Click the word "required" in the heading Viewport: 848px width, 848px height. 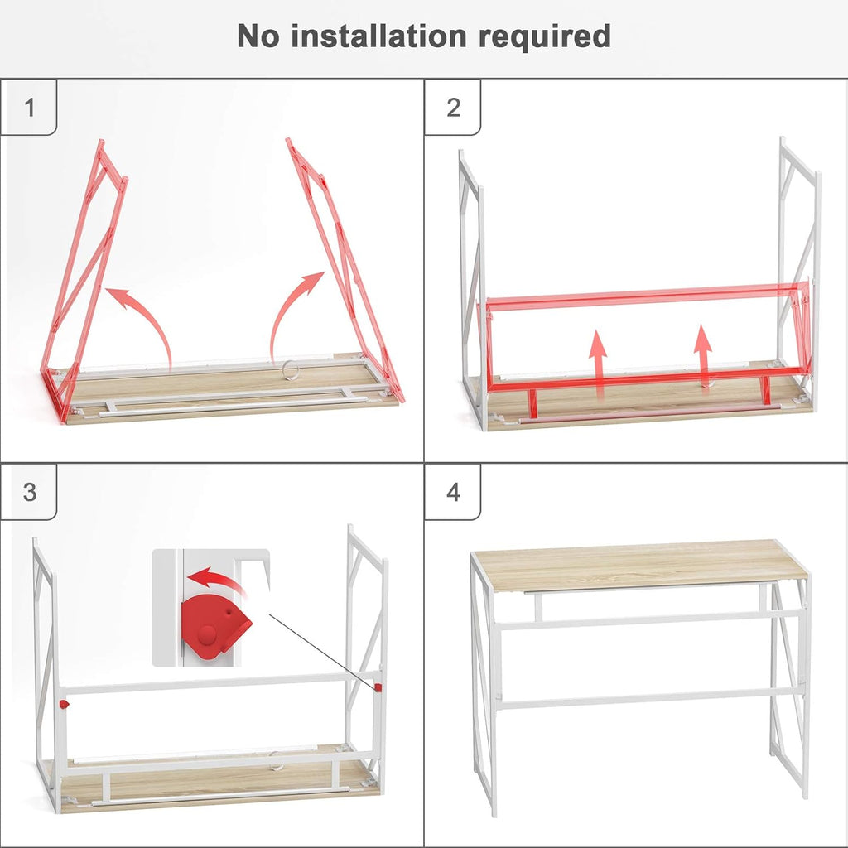coord(550,37)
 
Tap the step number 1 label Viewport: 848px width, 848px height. coord(30,108)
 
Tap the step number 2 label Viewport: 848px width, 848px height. coord(453,108)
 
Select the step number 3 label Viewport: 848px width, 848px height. coord(30,492)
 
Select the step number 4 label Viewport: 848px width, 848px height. coord(453,492)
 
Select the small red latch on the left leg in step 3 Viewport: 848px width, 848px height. coord(64,704)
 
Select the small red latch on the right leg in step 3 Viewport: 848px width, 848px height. coord(378,687)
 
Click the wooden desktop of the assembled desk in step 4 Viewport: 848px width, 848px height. coord(638,563)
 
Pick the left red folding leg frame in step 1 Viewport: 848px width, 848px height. coord(83,282)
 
